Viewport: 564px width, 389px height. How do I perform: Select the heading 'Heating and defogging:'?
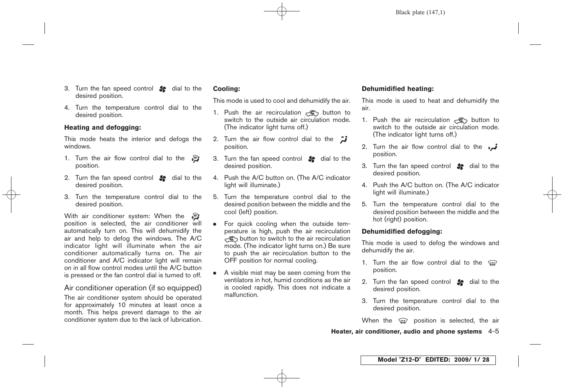click(103, 128)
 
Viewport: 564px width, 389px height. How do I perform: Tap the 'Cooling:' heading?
click(226, 89)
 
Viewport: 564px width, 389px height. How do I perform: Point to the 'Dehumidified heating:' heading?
click(397, 89)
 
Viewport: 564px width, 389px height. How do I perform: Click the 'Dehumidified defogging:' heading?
click(402, 232)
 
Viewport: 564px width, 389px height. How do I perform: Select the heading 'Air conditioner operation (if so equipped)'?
click(133, 288)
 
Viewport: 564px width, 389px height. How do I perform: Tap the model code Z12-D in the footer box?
click(410, 360)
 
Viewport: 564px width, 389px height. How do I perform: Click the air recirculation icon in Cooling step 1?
click(312, 113)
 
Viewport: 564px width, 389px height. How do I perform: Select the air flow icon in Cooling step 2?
click(343, 139)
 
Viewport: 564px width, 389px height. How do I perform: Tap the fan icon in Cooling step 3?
click(312, 159)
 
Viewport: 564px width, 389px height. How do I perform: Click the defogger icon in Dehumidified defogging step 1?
click(492, 263)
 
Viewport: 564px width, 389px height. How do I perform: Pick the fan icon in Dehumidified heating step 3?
click(460, 166)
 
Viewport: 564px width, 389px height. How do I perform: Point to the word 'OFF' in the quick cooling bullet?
click(231, 261)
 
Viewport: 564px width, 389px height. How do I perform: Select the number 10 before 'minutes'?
click(122, 305)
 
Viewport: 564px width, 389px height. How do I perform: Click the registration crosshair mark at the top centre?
click(282, 12)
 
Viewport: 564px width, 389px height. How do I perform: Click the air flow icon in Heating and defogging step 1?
click(196, 159)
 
